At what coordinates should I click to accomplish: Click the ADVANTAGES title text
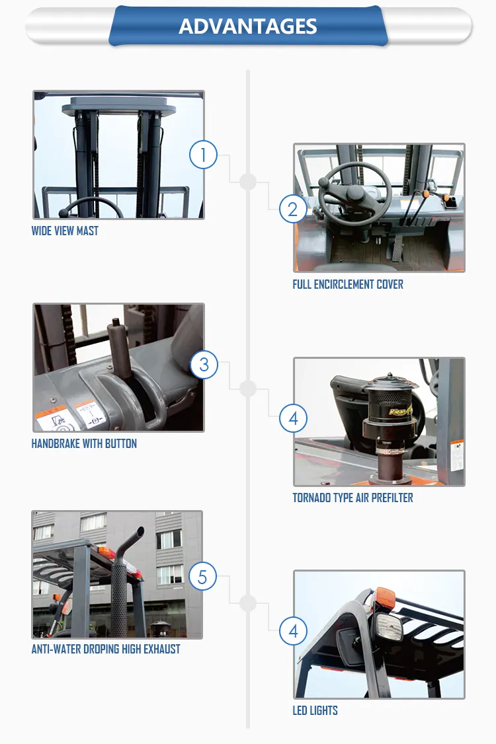click(x=248, y=26)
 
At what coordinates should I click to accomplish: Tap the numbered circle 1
click(x=204, y=155)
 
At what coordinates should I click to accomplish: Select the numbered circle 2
click(x=293, y=209)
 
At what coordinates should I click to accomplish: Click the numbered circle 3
click(x=204, y=365)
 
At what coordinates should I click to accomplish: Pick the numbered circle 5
click(x=202, y=577)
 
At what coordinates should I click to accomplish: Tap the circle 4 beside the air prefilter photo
click(x=293, y=418)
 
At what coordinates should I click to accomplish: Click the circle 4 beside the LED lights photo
click(x=293, y=631)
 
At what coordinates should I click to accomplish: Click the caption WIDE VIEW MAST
click(x=65, y=231)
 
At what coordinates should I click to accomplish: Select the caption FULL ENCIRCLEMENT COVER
click(x=348, y=285)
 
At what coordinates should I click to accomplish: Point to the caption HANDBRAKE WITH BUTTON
click(x=84, y=444)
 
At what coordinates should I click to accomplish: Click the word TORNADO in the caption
click(x=313, y=498)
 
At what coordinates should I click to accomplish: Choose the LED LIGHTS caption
click(x=315, y=711)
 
